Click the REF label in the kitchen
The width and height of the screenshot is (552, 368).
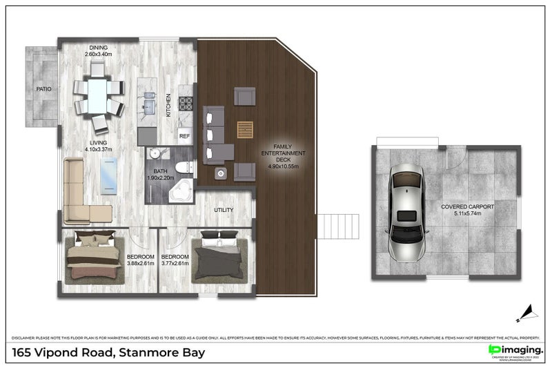pyautogui.click(x=184, y=136)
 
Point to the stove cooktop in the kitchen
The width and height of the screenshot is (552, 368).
pyautogui.click(x=186, y=104)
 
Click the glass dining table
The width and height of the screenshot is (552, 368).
pyautogui.click(x=98, y=95)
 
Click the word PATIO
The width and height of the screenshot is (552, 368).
pyautogui.click(x=44, y=89)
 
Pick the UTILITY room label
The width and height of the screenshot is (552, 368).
pyautogui.click(x=224, y=210)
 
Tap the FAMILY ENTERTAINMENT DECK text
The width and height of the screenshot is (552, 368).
pyautogui.click(x=285, y=156)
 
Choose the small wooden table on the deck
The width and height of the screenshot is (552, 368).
pyautogui.click(x=245, y=130)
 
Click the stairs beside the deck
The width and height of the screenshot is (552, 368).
pyautogui.click(x=334, y=226)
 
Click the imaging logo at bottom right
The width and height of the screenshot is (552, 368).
pyautogui.click(x=515, y=351)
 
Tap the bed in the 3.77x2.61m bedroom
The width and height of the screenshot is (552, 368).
pyautogui.click(x=219, y=258)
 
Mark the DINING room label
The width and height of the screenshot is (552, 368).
pyautogui.click(x=98, y=48)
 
